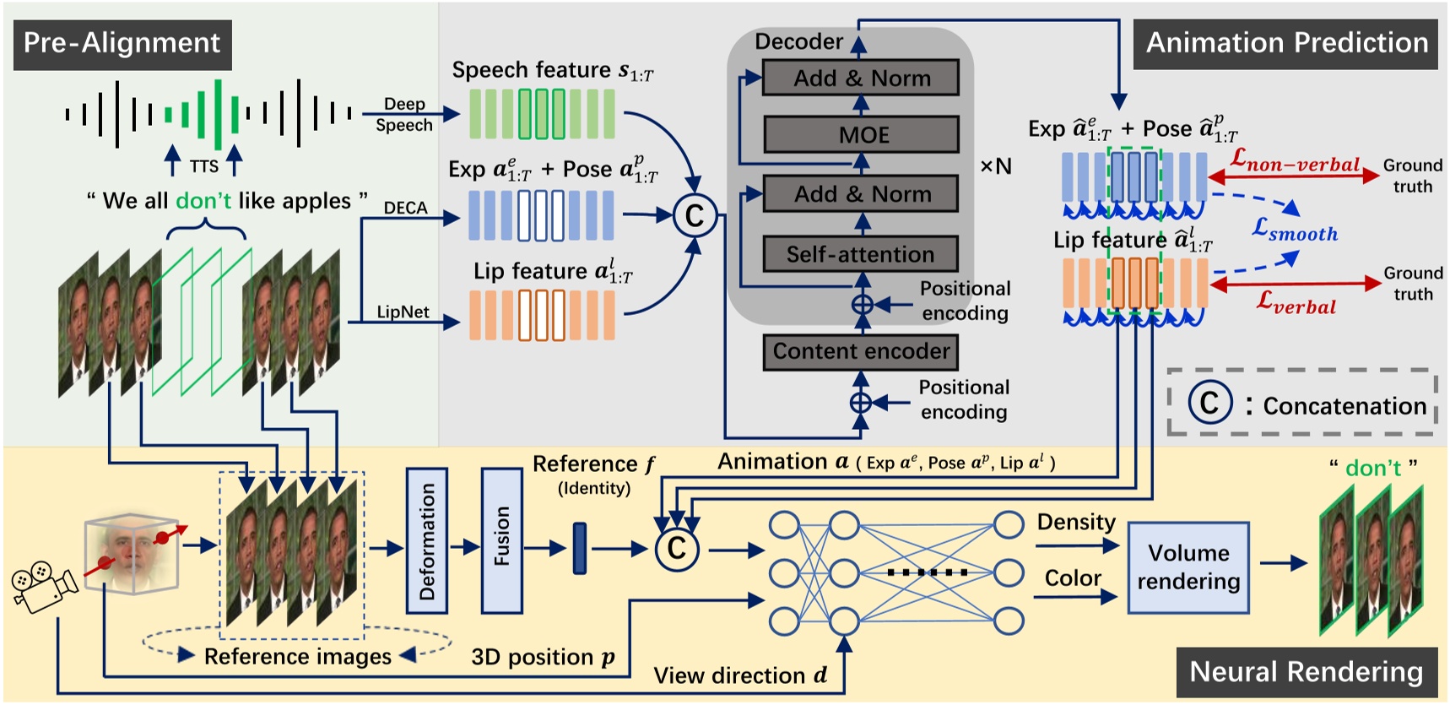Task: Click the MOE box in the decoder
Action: (x=861, y=134)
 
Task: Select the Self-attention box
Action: (x=860, y=254)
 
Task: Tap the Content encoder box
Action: (x=860, y=351)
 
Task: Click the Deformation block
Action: (x=427, y=540)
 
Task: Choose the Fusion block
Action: (x=501, y=540)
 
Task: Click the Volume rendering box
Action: (x=1188, y=567)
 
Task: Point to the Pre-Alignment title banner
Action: (x=122, y=43)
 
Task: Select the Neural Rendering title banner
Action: (x=1306, y=672)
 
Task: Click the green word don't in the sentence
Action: (x=203, y=201)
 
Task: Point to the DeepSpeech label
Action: (x=404, y=115)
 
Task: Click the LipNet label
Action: (x=403, y=312)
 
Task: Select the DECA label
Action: (x=405, y=208)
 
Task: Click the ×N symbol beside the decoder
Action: (x=996, y=166)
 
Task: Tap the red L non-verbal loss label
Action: (x=1295, y=160)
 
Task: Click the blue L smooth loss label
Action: (x=1295, y=230)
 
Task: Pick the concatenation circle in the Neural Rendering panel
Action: (x=677, y=549)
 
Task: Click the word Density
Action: (x=1076, y=522)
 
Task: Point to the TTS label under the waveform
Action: (x=204, y=166)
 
